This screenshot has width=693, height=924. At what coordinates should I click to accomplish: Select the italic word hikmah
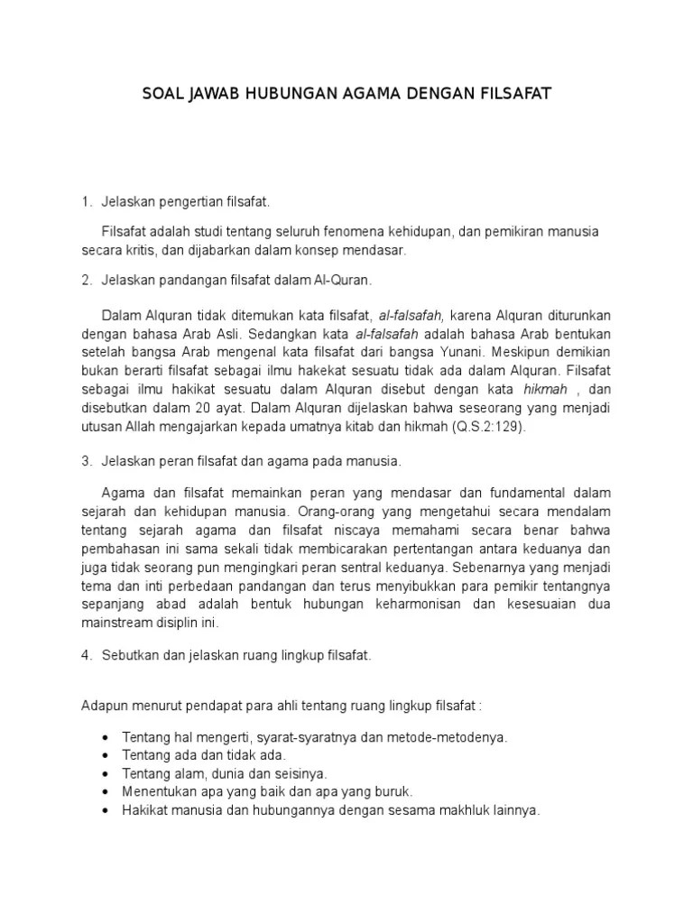tap(543, 390)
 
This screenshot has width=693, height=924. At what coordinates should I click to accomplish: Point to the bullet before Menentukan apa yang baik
tap(106, 790)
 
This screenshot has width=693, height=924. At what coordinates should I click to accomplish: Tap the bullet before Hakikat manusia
tap(106, 809)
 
